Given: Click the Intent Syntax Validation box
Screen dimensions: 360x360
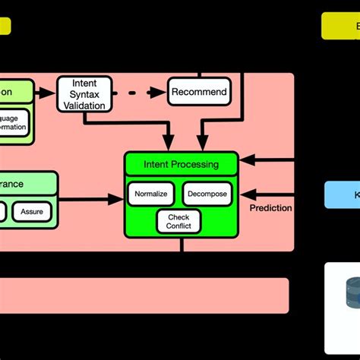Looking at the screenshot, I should click(x=84, y=95).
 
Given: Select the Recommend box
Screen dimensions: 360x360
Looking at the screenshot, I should click(x=198, y=93).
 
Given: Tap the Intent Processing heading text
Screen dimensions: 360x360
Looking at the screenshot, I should click(x=181, y=164).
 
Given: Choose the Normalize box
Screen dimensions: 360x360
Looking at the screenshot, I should click(x=150, y=194).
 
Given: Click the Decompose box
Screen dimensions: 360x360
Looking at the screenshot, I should click(x=205, y=194).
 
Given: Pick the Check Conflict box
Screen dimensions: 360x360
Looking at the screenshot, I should click(x=178, y=221).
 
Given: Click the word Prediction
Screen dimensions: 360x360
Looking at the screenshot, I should click(x=270, y=207).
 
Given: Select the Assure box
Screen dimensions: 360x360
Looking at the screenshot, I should click(x=32, y=211).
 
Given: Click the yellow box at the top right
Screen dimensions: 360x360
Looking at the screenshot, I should click(x=340, y=26).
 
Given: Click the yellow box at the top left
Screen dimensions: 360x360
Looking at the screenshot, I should click(x=5, y=27).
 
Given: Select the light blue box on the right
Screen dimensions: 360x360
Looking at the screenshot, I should click(x=342, y=194).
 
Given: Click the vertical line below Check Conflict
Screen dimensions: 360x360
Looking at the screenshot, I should click(x=181, y=245).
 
